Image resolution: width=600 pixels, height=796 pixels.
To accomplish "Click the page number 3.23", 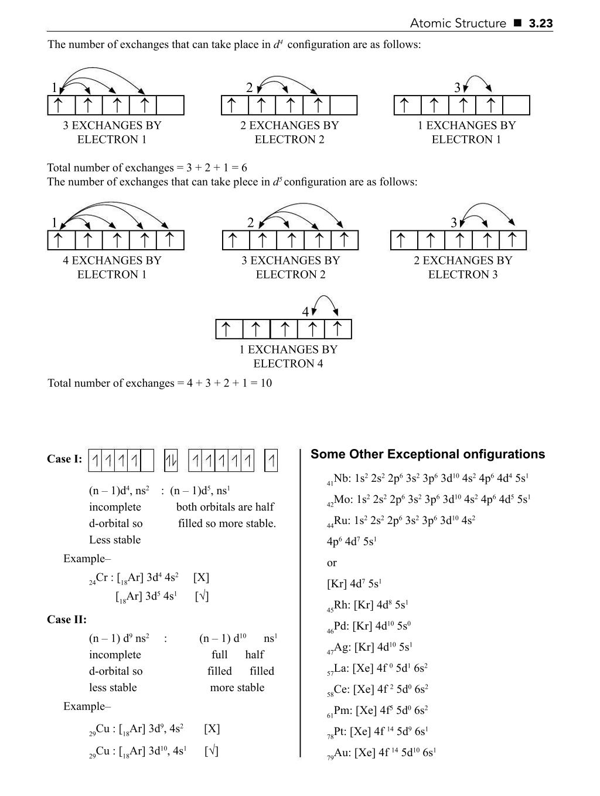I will tap(540, 23).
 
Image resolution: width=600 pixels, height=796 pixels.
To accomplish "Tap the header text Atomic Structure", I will tap(458, 23).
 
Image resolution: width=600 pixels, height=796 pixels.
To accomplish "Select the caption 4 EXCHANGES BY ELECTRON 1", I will tap(112, 267).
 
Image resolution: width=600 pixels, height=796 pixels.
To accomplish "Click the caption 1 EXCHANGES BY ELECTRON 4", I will tap(288, 356).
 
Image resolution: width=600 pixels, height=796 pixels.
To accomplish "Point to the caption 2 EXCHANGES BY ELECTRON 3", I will tap(462, 267).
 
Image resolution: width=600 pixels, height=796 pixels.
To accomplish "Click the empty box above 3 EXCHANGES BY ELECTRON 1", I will tap(171, 106).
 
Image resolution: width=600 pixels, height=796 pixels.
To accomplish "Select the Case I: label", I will tap(64, 459).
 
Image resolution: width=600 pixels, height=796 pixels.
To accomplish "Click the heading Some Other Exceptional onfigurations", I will tap(428, 454).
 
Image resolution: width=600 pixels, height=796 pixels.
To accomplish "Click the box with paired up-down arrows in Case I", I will tap(171, 461).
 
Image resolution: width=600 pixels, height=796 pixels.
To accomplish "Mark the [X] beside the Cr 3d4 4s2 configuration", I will tap(200, 577).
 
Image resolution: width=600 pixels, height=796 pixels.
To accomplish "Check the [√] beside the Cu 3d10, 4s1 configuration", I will tap(211, 750).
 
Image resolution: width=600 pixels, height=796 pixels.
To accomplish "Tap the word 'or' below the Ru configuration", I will tap(332, 563).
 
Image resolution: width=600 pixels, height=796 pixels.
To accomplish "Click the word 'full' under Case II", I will tap(220, 655).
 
